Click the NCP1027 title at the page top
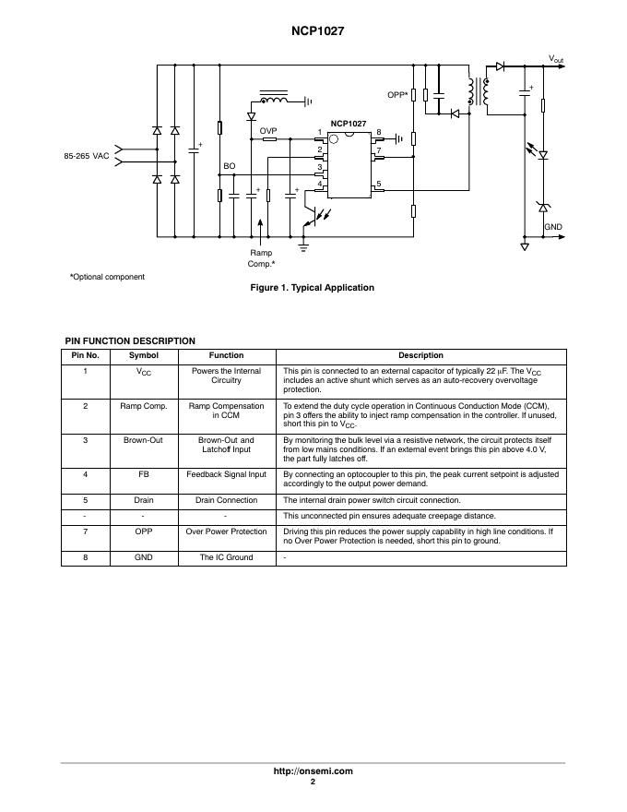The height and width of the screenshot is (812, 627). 313,30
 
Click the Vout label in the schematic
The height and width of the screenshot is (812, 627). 556,59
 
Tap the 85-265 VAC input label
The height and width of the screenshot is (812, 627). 87,156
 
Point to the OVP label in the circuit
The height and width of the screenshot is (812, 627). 268,131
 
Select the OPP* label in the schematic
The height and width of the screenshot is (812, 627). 397,95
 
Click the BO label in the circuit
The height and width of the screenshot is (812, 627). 230,166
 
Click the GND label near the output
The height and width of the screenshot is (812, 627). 552,226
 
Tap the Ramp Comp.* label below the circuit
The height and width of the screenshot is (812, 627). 262,258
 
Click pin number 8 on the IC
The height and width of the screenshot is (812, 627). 378,132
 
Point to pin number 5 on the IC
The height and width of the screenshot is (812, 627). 378,185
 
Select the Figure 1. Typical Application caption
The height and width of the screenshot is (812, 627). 313,288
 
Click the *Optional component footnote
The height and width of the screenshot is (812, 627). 107,277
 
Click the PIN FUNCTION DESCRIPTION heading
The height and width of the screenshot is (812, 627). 129,341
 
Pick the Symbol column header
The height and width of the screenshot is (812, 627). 143,355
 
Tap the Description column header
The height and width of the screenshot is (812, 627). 420,355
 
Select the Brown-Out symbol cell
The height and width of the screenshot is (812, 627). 143,440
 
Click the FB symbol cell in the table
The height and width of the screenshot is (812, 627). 143,474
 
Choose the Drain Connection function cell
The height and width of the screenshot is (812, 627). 226,500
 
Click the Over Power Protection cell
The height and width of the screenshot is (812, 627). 226,531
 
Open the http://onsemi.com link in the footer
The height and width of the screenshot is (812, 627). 313,771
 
